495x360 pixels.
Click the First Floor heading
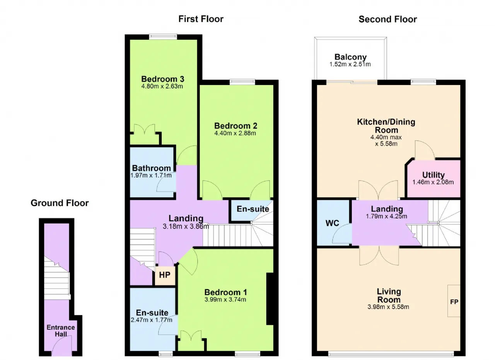[201, 19]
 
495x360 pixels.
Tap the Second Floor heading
[387, 19]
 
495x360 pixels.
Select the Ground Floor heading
[60, 203]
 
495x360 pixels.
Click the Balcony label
[350, 57]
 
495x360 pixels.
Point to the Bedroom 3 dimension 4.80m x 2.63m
[162, 86]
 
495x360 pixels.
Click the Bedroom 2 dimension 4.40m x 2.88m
[235, 133]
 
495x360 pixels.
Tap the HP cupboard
[165, 275]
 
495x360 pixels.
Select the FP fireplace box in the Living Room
[454, 301]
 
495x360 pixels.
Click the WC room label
[332, 223]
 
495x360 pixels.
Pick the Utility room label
[434, 175]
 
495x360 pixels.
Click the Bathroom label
[151, 168]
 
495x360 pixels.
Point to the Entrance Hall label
[61, 331]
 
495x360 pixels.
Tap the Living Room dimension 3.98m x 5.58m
[388, 307]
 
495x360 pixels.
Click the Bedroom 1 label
[225, 292]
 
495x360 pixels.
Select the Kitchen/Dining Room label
[386, 126]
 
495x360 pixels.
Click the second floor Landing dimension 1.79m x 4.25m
[386, 217]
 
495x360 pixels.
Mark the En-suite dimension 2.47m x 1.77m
[151, 320]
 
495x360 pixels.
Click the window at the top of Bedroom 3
[163, 37]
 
